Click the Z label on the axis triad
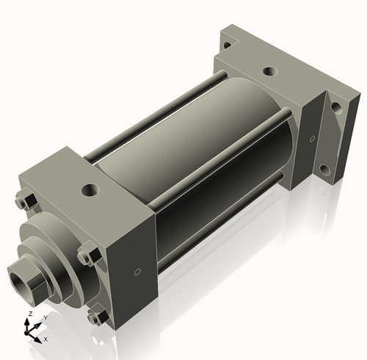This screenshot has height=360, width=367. pos(30,314)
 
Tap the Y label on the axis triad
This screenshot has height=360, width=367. pos(46,318)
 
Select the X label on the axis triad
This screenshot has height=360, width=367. pos(46,339)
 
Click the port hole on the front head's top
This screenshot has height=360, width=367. pos(91,190)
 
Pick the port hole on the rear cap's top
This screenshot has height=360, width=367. pos(270,71)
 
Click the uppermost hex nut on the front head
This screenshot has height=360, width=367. pos(26,198)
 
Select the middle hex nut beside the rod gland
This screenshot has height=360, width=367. pos(89,253)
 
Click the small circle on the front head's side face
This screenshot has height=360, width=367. pos(137,272)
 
